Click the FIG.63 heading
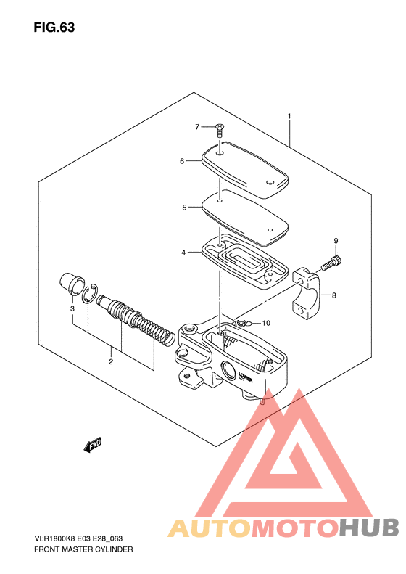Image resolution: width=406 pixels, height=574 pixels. click(x=54, y=28)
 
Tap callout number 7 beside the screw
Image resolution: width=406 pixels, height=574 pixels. click(x=197, y=127)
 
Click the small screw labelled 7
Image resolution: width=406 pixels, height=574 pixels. click(x=220, y=131)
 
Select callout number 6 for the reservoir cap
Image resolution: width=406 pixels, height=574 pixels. click(x=182, y=161)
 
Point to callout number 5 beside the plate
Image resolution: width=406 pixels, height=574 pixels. click(x=184, y=208)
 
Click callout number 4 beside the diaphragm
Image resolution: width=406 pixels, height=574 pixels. click(x=183, y=253)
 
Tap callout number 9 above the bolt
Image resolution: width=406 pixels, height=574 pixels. click(x=336, y=241)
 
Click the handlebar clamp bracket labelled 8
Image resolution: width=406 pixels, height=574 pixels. click(x=307, y=293)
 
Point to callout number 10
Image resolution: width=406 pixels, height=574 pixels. click(x=266, y=323)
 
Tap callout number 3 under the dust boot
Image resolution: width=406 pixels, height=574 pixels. click(x=72, y=308)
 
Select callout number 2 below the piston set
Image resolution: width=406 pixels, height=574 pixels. click(x=110, y=361)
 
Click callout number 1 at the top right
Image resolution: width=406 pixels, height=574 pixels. click(x=289, y=116)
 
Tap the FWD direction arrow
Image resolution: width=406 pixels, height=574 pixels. click(x=93, y=444)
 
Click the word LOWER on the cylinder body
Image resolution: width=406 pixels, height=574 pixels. click(x=245, y=377)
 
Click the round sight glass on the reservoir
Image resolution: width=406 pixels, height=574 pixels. click(x=228, y=370)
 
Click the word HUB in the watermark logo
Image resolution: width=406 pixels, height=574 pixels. click(x=369, y=528)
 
